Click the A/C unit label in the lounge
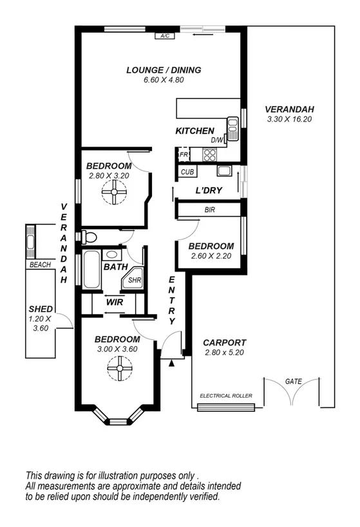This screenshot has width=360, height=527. point(164,37)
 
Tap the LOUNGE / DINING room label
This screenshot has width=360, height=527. point(164,70)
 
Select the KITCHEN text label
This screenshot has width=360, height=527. point(194,131)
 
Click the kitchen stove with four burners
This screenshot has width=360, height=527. point(210,154)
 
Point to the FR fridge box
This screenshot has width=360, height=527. point(183,155)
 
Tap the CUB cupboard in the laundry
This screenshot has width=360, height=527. point(187,172)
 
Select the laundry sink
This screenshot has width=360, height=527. point(224,171)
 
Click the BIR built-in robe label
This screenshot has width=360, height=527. point(209,210)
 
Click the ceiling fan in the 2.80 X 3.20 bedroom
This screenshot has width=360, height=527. point(115,192)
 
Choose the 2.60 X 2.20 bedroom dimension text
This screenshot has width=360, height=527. point(211,256)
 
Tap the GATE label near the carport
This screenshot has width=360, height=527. point(293,382)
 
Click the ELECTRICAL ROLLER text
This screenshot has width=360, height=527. point(225,395)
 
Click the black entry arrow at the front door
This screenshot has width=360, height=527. point(171,364)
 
